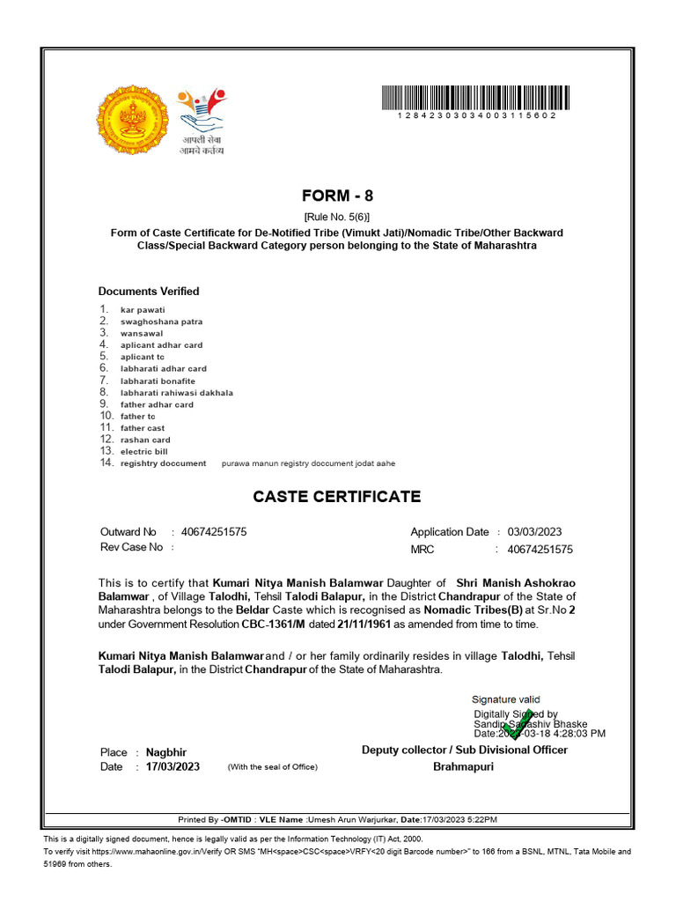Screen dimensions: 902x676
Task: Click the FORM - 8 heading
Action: click(x=337, y=196)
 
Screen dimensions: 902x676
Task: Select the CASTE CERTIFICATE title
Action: click(x=337, y=497)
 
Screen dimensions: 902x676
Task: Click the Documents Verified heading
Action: click(x=149, y=292)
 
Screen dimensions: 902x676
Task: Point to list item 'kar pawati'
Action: click(x=143, y=310)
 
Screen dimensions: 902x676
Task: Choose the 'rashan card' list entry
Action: click(x=145, y=440)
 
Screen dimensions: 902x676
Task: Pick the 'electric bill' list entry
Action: click(x=143, y=452)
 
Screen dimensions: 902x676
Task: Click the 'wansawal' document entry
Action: click(x=142, y=334)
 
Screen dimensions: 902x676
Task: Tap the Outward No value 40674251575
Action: click(x=214, y=532)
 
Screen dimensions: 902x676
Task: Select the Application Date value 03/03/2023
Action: click(x=534, y=532)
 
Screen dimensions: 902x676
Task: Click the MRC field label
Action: click(x=422, y=550)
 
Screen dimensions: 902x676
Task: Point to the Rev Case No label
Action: click(x=132, y=547)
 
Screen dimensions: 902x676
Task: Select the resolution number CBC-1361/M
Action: click(x=274, y=624)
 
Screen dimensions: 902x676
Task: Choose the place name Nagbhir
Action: click(x=167, y=752)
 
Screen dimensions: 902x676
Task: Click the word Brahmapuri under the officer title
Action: click(x=464, y=767)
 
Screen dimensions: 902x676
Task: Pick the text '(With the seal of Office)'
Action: click(x=272, y=767)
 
